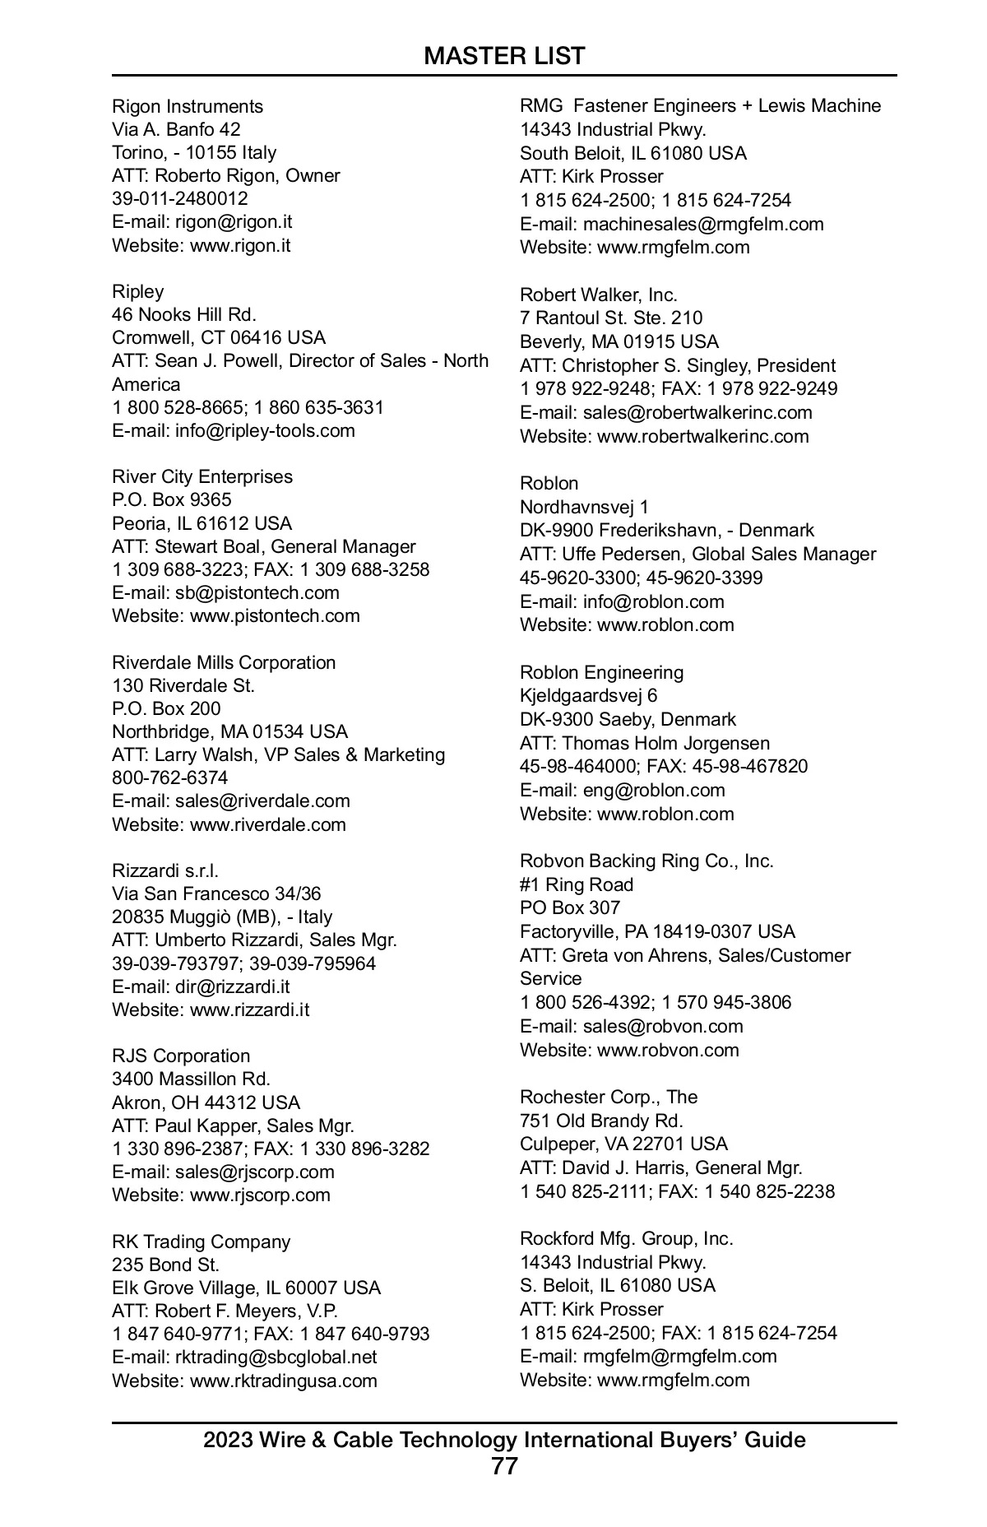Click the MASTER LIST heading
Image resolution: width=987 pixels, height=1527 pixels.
(x=504, y=56)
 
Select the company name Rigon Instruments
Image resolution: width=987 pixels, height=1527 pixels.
(x=188, y=106)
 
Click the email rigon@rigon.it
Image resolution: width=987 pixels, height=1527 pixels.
(x=234, y=222)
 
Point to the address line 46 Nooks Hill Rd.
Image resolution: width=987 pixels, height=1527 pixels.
(x=184, y=314)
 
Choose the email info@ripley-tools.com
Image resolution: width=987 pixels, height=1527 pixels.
(x=265, y=430)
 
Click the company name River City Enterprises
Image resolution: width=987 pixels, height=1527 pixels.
(x=202, y=476)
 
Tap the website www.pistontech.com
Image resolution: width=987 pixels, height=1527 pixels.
(x=275, y=615)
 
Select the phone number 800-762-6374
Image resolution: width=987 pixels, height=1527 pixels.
(x=170, y=777)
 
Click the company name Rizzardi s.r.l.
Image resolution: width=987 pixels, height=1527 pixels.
(x=165, y=870)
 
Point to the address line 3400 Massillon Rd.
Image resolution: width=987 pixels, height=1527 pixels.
(x=191, y=1079)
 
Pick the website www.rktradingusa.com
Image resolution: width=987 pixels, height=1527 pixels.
(x=284, y=1381)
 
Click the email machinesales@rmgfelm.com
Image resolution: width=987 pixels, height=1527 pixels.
(x=703, y=224)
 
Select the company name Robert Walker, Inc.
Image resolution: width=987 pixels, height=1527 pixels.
(x=599, y=295)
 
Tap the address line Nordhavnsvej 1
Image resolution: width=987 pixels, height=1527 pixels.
(x=584, y=507)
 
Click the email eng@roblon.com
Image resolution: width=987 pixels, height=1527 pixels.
(x=654, y=790)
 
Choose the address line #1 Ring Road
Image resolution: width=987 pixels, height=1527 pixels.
(x=577, y=884)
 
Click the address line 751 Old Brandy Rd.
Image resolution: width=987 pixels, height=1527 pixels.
(x=601, y=1121)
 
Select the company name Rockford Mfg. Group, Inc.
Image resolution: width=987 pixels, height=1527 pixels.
(x=627, y=1238)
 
